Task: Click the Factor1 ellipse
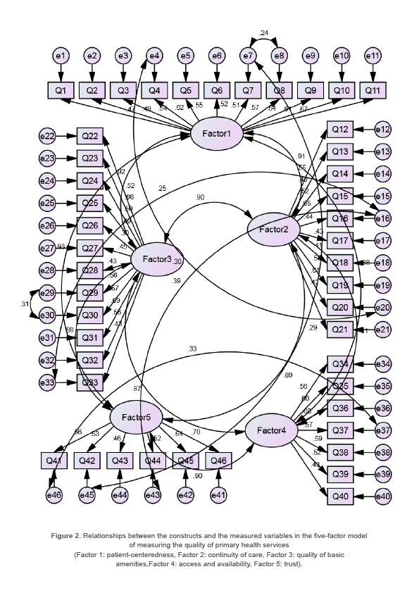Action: point(217,134)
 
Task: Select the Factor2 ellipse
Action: point(273,230)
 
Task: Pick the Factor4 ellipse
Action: point(271,430)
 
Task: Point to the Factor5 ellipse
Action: point(136,418)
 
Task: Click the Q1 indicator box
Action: point(61,90)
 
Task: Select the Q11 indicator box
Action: point(372,90)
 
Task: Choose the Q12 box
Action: point(340,130)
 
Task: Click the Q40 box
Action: point(340,496)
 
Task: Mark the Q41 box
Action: point(55,460)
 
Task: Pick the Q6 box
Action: point(216,90)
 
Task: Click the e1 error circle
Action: point(61,56)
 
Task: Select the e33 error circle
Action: point(48,382)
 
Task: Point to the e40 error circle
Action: point(383,497)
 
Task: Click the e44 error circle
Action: point(120,495)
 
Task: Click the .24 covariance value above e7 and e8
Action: point(263,33)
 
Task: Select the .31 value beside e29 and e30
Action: point(26,304)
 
